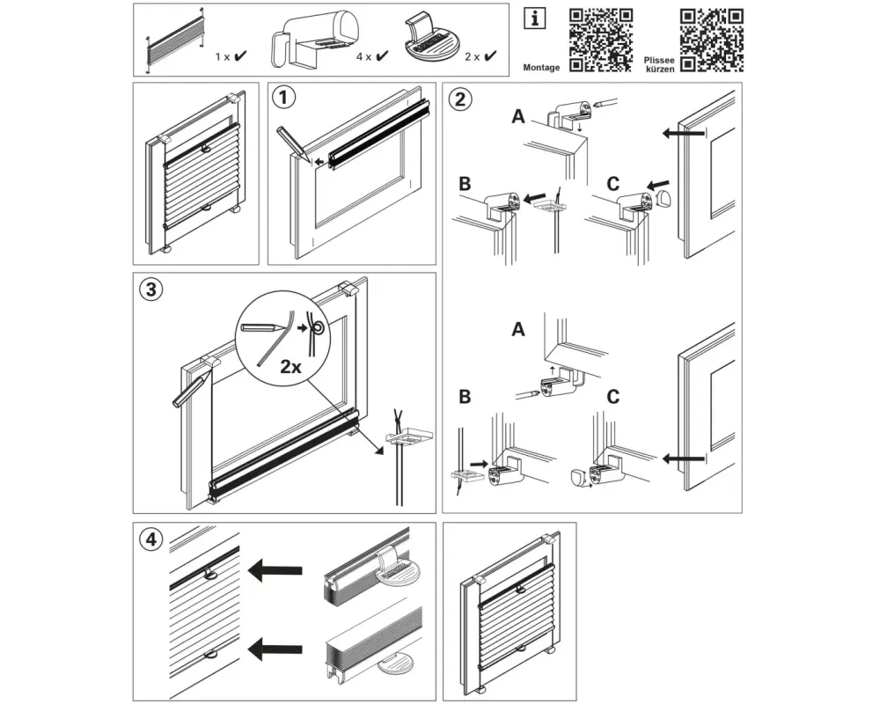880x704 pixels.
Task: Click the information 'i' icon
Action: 532,18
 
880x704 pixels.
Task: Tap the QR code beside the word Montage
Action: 601,40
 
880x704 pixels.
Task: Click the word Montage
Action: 541,67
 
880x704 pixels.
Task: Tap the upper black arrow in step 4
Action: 275,570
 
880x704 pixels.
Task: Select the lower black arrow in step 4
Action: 275,649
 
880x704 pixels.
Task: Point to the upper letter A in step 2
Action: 517,118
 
